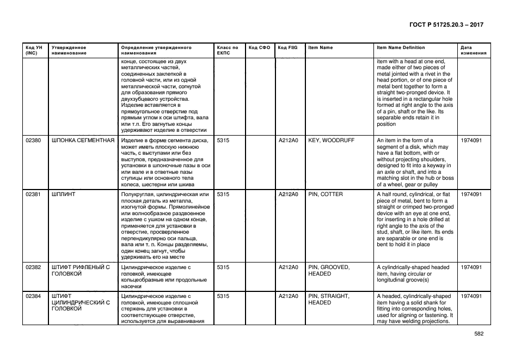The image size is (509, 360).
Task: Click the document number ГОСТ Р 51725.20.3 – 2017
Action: click(x=445, y=25)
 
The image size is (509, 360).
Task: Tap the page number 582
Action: click(x=479, y=334)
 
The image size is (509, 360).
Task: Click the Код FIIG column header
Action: click(x=287, y=48)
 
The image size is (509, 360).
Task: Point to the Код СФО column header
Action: click(x=259, y=48)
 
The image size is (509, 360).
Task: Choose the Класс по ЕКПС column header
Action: click(x=228, y=51)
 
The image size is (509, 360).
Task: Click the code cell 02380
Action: click(x=33, y=141)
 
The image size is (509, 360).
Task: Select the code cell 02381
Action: click(x=33, y=194)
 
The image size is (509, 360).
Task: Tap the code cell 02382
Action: click(x=33, y=267)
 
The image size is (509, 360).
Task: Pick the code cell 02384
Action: click(x=33, y=296)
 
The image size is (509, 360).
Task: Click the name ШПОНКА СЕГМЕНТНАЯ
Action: click(x=83, y=141)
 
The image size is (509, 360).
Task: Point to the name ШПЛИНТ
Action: click(x=63, y=194)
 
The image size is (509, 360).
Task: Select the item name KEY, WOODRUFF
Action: click(x=331, y=141)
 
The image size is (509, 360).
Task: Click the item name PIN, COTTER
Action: click(x=326, y=194)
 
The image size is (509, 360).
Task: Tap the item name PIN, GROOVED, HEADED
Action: click(x=329, y=271)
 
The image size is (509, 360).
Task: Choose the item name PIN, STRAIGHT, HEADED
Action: click(x=329, y=300)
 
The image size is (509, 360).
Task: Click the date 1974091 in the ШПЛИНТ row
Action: click(x=471, y=194)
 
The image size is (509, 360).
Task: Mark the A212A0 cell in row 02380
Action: click(x=288, y=141)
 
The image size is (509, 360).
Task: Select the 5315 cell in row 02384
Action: click(x=223, y=296)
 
